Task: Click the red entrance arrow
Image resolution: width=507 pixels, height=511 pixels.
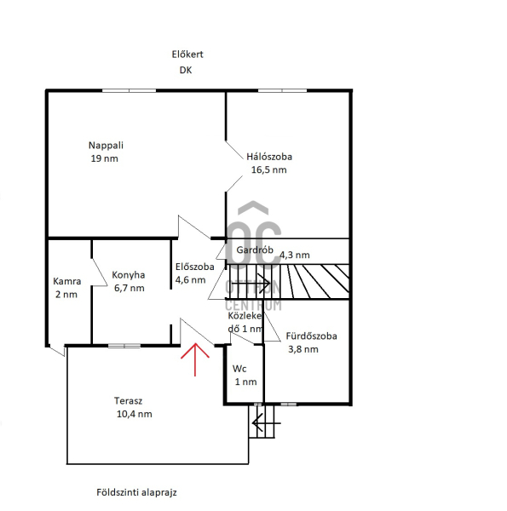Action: coord(195,359)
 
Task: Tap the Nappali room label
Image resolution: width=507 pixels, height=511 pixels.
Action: coord(106,146)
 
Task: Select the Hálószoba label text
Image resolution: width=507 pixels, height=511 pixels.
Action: coord(269,157)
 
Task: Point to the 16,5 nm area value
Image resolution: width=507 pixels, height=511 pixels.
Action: coord(269,169)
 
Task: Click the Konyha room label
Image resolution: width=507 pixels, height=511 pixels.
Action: coord(129,275)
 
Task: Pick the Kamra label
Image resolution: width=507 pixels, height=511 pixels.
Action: coord(66,281)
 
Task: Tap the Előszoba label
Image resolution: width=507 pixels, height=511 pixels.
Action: coord(195,267)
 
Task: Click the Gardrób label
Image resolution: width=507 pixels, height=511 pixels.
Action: coord(255,250)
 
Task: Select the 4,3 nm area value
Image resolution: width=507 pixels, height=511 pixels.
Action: coord(295,255)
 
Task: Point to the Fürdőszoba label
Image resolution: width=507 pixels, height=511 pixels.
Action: coord(311,336)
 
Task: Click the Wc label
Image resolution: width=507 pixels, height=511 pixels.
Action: coord(239,369)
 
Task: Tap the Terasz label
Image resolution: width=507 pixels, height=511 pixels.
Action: coord(128,401)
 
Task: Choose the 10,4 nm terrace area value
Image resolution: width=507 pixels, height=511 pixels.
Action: coord(135,414)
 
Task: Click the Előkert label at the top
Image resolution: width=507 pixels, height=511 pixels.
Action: coord(187,55)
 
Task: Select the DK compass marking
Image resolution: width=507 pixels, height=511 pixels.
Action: coord(186,70)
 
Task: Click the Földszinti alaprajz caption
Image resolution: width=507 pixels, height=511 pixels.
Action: coord(136,492)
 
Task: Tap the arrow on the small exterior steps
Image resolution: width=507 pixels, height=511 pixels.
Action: coord(267,423)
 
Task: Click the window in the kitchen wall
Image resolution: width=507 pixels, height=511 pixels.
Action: coord(124,346)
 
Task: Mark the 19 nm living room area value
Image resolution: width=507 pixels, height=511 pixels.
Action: coord(104,158)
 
